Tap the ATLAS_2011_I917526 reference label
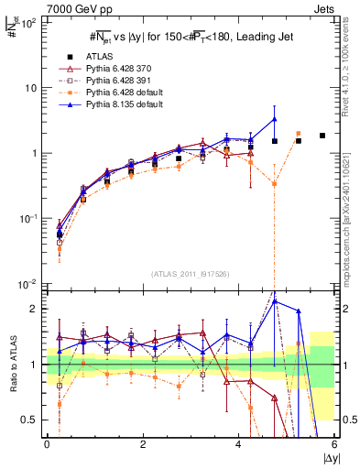(x=190, y=275)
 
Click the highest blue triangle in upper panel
(x=274, y=119)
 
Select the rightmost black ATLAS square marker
(x=322, y=136)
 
